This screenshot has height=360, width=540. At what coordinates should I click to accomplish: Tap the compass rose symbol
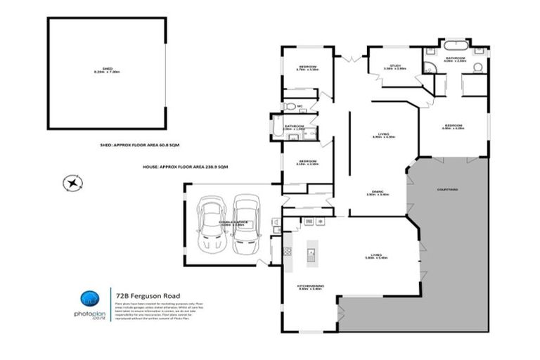72,185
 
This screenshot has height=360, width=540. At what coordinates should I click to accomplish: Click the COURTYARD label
447,189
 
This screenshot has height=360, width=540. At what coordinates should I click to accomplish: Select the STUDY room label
394,67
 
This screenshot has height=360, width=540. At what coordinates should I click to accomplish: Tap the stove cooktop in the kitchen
287,250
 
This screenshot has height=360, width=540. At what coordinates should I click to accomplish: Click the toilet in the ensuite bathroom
476,67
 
